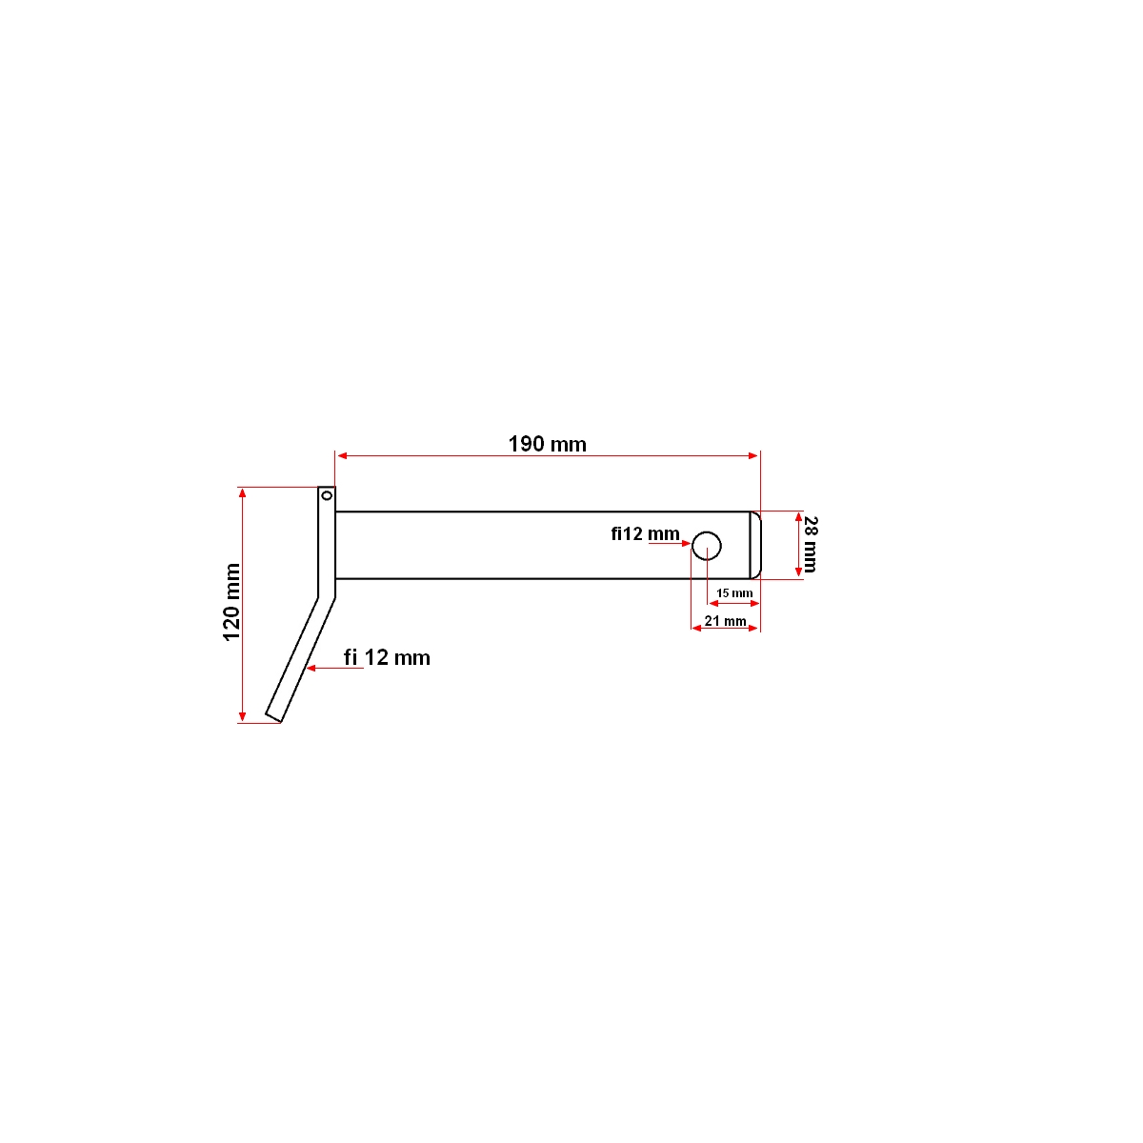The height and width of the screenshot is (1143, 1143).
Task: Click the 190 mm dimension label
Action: point(547,444)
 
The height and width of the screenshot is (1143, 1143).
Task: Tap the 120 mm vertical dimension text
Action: point(231,602)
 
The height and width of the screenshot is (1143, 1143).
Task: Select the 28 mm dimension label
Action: point(811,544)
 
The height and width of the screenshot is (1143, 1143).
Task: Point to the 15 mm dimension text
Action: point(734,593)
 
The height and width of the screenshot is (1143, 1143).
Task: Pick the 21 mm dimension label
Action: point(725,621)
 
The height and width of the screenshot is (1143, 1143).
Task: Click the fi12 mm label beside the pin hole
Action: point(645,533)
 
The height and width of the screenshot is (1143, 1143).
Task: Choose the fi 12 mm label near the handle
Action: point(387,657)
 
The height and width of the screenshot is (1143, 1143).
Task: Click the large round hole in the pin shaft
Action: point(707,546)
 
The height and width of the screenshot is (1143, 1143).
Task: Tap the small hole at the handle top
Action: point(326,494)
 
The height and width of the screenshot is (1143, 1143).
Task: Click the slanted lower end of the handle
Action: point(274,715)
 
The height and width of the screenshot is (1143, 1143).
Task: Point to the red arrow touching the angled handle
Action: point(314,669)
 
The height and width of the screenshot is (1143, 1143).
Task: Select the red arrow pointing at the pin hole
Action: point(685,542)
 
